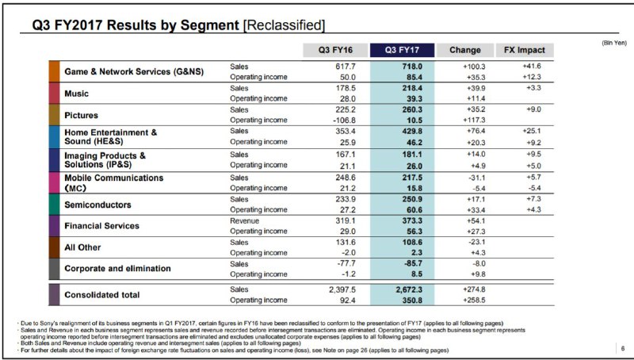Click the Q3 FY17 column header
point(402,50)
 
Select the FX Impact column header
point(525,50)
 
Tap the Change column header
point(465,50)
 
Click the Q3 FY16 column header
point(335,50)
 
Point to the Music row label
point(76,94)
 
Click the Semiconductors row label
point(97,205)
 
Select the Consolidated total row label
point(102,295)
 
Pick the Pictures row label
point(82,115)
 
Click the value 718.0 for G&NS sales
point(412,67)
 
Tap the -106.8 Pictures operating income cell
point(344,121)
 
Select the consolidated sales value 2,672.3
point(409,289)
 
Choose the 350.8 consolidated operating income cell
point(412,301)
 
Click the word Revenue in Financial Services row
point(245,221)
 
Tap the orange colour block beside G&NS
point(54,71)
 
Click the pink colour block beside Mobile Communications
point(54,183)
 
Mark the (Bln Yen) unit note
point(614,43)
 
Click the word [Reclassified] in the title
point(284,25)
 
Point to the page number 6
point(623,348)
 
